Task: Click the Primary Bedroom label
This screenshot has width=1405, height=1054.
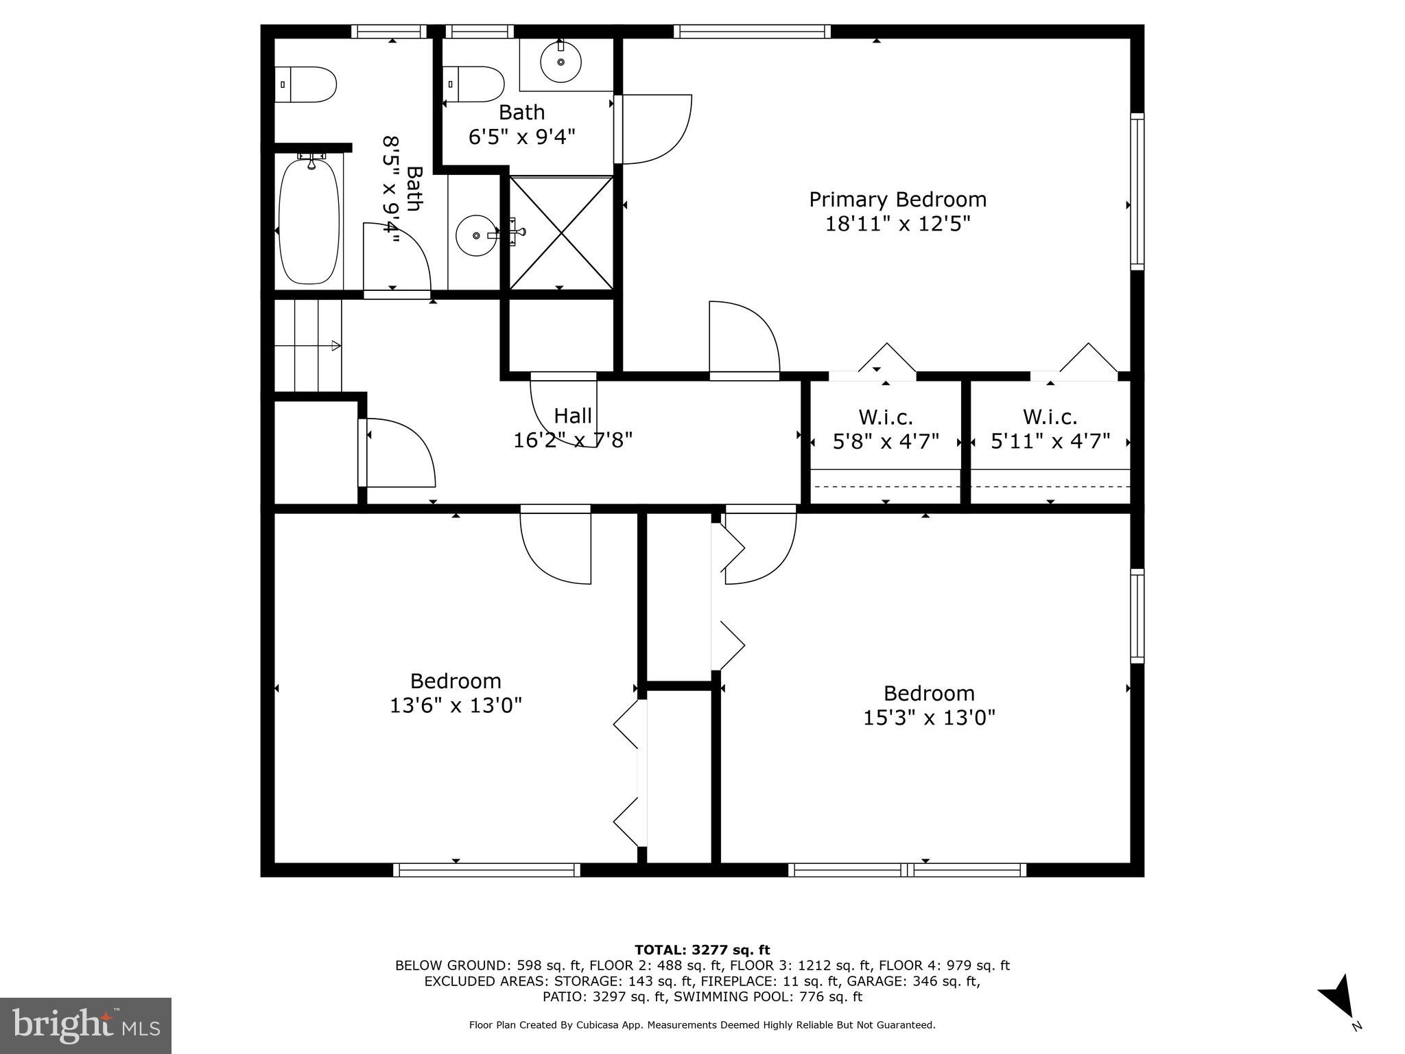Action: tap(897, 200)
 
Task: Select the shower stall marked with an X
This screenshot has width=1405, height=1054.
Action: tap(561, 233)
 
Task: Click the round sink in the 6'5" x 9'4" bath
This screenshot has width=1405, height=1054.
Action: tap(560, 62)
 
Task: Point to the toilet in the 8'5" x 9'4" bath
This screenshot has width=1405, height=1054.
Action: tap(306, 84)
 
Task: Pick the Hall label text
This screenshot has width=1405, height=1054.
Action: tap(573, 416)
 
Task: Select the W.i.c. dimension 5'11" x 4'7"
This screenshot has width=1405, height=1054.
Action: tap(1050, 441)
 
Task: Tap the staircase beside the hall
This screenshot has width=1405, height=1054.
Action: tap(308, 345)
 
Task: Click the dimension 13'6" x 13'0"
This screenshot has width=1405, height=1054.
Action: tap(456, 705)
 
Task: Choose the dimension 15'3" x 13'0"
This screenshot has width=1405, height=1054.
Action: tap(929, 718)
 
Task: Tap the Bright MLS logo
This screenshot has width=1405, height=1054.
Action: tap(86, 1025)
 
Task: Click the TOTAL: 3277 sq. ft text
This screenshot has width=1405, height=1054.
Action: tap(702, 950)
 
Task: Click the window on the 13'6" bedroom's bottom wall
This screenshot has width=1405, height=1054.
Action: tap(487, 870)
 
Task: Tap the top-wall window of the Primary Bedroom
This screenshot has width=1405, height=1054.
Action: tap(752, 32)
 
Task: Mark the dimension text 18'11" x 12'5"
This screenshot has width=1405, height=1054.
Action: tap(897, 224)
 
